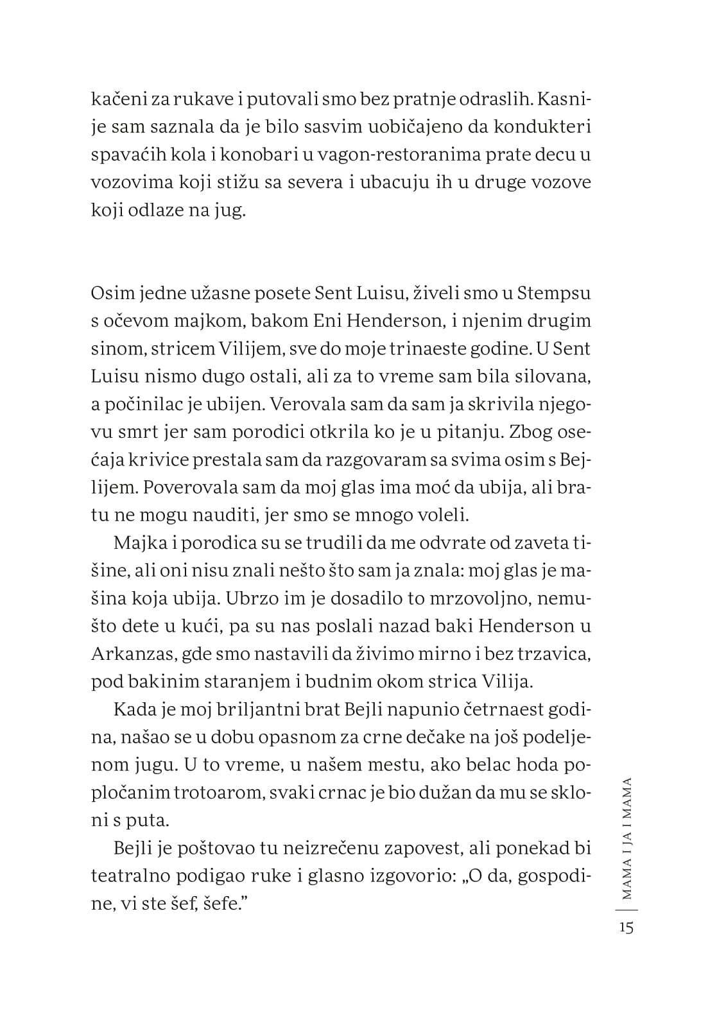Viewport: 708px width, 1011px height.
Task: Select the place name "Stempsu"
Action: (x=554, y=293)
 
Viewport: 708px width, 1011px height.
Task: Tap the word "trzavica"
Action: (x=551, y=654)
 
